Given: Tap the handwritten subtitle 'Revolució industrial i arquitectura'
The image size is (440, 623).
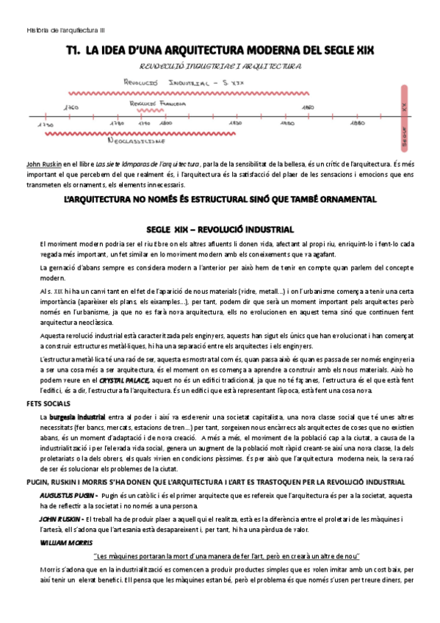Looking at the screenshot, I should (220, 66).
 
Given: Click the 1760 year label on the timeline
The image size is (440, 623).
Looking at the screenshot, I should (73, 108).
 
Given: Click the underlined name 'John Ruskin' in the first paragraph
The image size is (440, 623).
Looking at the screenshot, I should (43, 164).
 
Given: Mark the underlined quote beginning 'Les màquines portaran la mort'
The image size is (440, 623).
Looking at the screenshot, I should (227, 556).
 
